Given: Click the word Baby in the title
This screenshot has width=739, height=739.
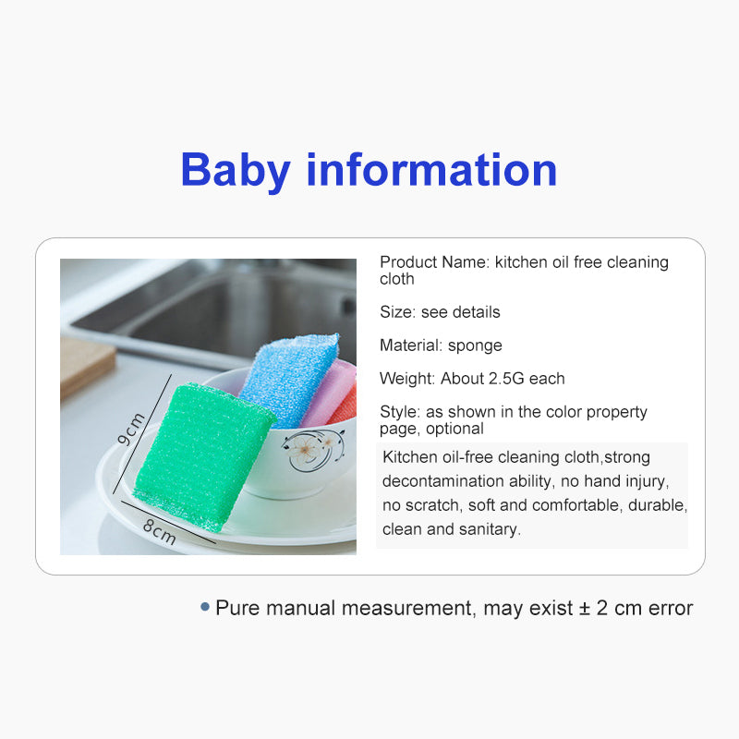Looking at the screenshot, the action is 236,171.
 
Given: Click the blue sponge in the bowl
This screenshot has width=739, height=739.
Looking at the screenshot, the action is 288,379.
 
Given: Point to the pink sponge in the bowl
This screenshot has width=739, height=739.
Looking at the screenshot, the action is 328,394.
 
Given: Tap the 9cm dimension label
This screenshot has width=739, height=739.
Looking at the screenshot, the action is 130,429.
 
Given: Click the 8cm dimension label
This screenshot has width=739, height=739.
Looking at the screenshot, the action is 159,531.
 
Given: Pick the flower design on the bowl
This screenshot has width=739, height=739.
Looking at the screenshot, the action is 311,449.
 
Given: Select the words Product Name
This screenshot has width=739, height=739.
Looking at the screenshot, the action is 434,262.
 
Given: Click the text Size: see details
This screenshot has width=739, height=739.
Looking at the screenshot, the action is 440,312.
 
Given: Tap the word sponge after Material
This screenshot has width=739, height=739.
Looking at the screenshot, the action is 475,345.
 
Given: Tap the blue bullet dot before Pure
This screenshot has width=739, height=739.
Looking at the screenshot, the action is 205,607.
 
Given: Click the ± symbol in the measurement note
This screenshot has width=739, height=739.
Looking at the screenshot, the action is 585,609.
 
